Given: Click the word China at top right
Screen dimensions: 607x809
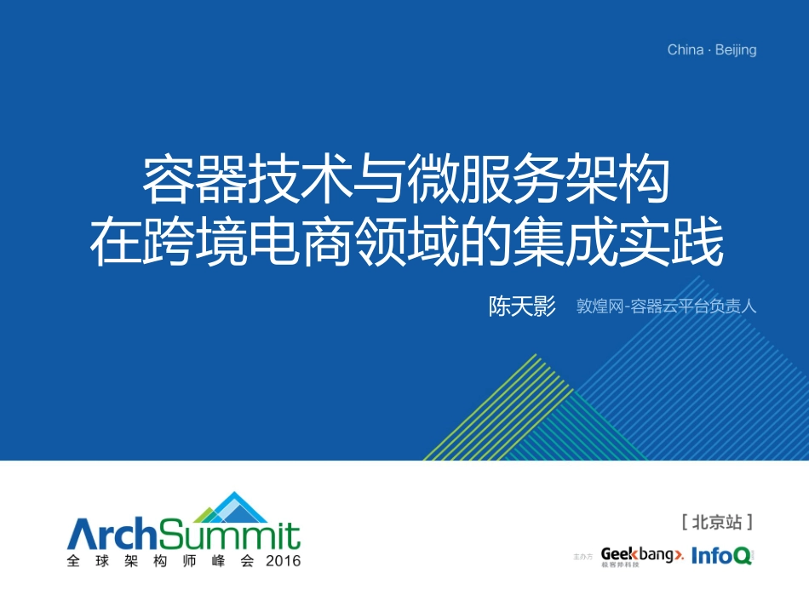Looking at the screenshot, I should point(686,50).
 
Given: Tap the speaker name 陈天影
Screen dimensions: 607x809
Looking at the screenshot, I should point(522,306).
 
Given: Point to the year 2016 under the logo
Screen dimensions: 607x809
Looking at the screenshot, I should point(284,561).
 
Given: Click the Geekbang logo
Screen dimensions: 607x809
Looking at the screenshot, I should point(640,557).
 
